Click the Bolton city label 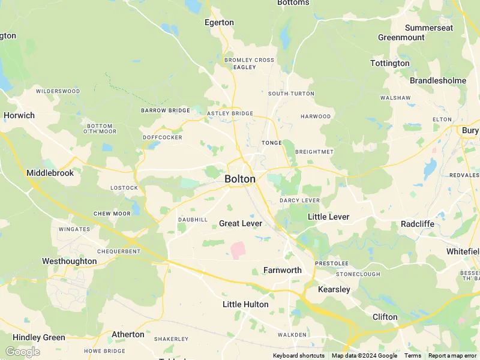(240, 179)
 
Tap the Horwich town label (19, 115)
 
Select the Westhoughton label (69, 261)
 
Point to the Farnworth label (282, 270)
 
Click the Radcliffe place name (418, 224)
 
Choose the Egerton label (219, 22)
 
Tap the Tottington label (390, 63)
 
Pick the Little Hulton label (245, 304)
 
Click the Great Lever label (241, 223)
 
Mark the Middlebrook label (50, 173)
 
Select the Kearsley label (334, 289)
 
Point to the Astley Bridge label (230, 113)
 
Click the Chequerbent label (118, 251)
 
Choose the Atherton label (128, 334)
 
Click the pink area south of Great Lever (238, 250)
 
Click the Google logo (22, 352)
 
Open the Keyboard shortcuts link (299, 356)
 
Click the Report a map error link (452, 356)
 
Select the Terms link (413, 356)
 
